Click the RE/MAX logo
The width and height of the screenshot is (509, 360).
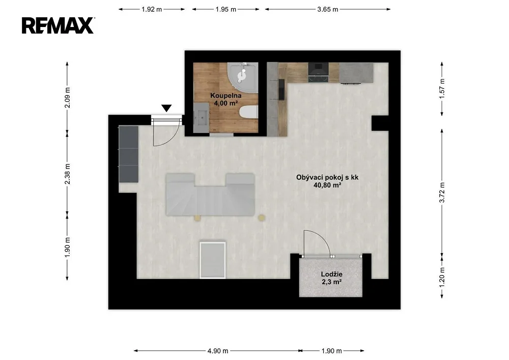58,25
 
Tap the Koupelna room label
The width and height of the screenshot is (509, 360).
226,95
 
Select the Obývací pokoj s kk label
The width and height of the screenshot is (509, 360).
327,177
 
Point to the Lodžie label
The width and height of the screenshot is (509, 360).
332,274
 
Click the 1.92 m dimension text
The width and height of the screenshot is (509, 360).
152,9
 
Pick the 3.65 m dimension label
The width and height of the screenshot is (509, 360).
327,9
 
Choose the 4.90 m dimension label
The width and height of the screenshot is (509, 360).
218,351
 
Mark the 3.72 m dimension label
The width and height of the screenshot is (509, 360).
441,192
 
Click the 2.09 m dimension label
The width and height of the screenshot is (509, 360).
68,98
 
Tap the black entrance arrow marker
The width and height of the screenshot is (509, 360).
166,108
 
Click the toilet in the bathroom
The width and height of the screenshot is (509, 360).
249,113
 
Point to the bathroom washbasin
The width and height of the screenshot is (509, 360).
201,118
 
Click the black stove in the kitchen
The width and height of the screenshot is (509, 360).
319,72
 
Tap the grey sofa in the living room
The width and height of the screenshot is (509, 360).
210,195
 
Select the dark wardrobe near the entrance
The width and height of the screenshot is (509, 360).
129,154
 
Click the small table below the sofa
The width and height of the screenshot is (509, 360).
213,259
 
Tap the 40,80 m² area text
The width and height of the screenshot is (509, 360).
327,185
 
